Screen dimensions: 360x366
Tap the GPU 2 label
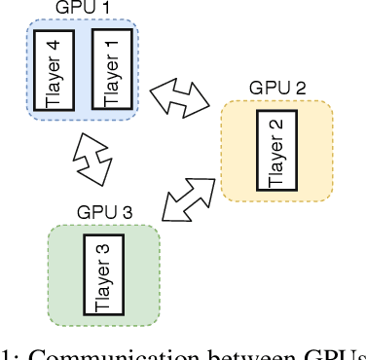(x=277, y=88)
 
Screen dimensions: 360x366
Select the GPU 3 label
(x=104, y=212)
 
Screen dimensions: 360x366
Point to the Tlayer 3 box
(x=103, y=275)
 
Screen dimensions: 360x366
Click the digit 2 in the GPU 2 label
(x=301, y=88)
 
